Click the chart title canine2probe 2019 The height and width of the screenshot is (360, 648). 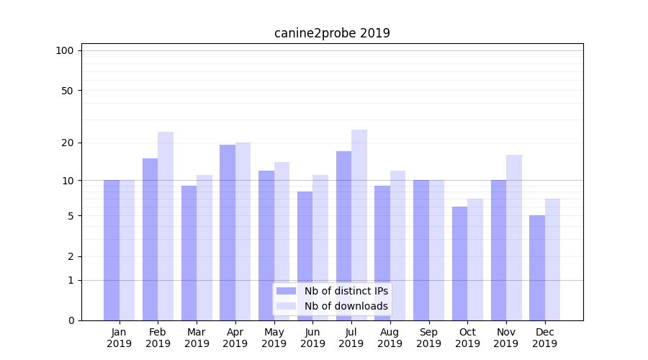332,33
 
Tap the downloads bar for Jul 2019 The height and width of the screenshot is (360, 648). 359,225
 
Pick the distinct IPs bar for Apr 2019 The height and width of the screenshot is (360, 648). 228,232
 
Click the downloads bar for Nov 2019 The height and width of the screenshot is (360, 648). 514,238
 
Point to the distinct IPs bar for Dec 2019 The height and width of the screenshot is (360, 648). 537,268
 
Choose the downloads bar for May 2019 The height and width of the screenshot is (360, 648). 282,241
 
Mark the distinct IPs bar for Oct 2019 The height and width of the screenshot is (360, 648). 459,264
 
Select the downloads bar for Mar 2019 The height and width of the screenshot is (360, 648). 204,248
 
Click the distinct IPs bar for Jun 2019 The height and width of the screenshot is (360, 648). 305,256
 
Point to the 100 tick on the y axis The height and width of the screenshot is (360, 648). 65,50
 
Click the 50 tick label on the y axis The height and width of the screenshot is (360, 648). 67,91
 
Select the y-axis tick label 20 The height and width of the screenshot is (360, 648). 67,143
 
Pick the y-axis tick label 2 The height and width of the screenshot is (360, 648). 70,256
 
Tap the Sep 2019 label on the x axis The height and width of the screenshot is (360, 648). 428,338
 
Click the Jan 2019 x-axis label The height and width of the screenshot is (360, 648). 119,338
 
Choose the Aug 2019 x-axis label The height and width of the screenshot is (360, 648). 390,338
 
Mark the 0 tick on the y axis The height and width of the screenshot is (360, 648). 70,320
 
